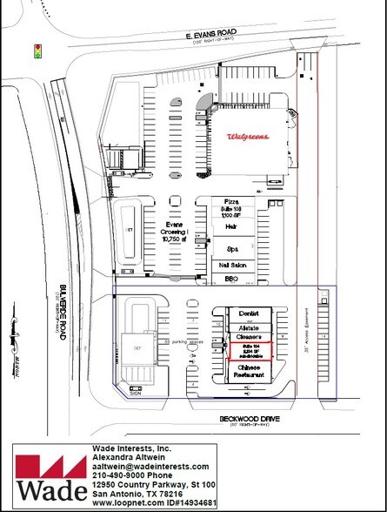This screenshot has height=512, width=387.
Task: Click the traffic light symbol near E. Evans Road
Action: [x=37, y=50]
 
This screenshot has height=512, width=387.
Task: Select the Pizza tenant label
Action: [x=231, y=201]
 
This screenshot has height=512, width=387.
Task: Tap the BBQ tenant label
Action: [x=231, y=278]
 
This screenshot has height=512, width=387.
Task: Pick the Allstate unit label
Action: [x=249, y=325]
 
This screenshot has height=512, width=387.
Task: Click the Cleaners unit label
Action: [x=249, y=336]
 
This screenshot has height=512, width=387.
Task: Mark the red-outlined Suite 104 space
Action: [x=250, y=351]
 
